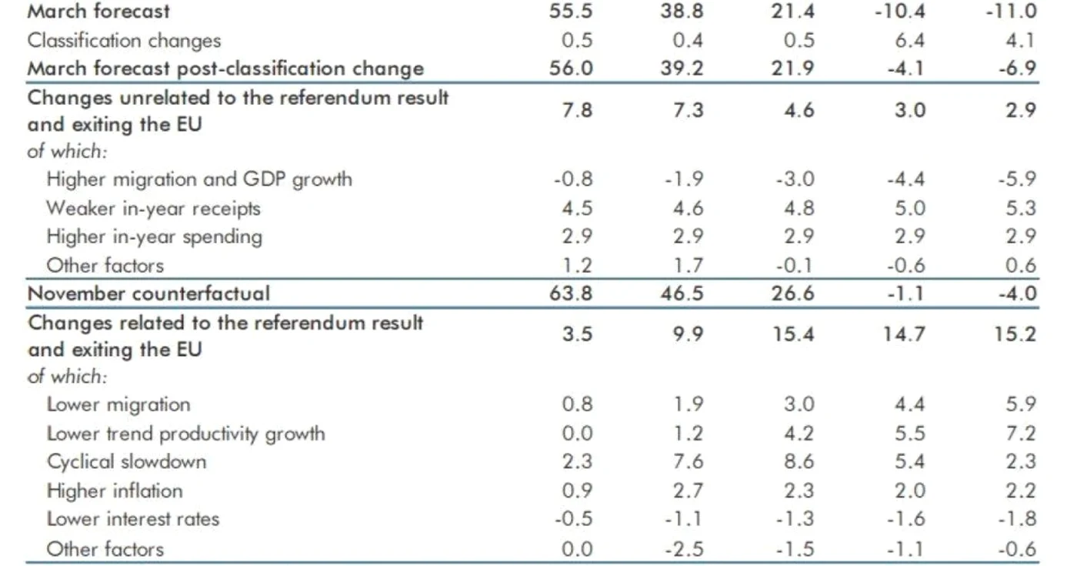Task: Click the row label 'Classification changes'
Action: tap(124, 41)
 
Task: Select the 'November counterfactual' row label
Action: tap(148, 293)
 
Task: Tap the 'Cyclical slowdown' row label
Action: tap(126, 462)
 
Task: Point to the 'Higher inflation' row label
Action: tap(115, 491)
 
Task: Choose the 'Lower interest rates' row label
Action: tap(132, 519)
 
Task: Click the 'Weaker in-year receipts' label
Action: tap(153, 209)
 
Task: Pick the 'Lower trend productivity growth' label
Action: tap(185, 434)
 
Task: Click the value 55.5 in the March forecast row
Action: tap(571, 11)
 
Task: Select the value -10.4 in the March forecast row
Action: tap(899, 11)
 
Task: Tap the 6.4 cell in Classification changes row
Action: tap(909, 40)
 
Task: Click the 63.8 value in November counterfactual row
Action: tap(571, 293)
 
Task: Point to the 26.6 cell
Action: tap(793, 293)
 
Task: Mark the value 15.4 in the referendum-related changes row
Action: tap(793, 334)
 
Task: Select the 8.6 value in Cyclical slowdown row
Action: tap(799, 461)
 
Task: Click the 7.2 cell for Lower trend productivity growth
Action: tap(1021, 433)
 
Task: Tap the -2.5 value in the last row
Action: tap(684, 549)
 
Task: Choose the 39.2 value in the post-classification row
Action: tap(682, 69)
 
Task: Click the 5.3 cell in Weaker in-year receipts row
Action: tap(1021, 209)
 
